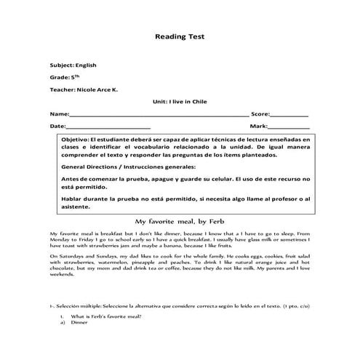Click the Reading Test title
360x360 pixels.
click(x=180, y=35)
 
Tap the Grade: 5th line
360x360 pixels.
click(x=61, y=76)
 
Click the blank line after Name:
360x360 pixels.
click(x=159, y=115)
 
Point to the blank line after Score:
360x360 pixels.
click(x=289, y=115)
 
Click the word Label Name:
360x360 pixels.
click(x=59, y=115)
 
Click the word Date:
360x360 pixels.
click(x=57, y=127)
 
